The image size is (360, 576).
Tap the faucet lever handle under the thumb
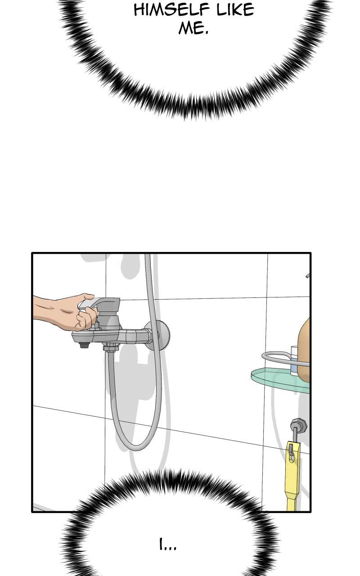(x=99, y=303)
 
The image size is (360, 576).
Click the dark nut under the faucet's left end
(x=84, y=345)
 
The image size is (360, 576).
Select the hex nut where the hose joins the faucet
(x=111, y=348)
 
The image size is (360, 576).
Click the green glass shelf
(x=280, y=381)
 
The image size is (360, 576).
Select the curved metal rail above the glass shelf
(x=283, y=358)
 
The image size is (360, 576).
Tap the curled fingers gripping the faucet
(x=86, y=319)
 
